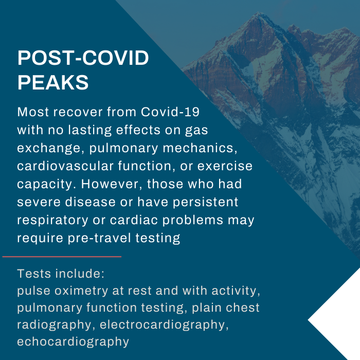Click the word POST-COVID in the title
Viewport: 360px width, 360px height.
83,59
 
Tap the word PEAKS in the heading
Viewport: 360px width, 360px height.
53,82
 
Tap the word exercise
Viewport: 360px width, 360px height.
227,167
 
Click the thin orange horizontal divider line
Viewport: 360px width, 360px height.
62,256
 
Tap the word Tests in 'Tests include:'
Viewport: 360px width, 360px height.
31,273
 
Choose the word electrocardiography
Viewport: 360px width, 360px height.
164,325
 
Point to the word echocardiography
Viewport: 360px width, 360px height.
73,342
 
